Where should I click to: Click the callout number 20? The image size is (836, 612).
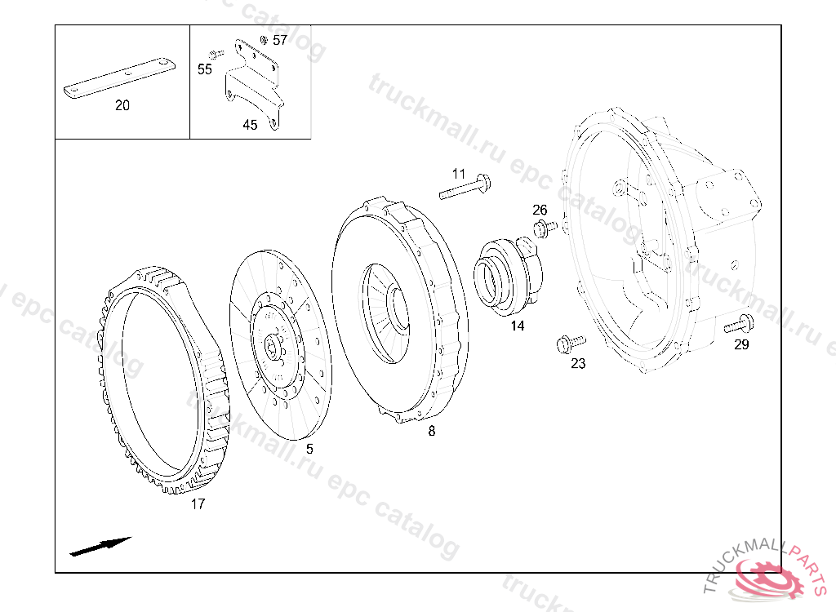[x=122, y=105]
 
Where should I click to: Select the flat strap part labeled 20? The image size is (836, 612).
[x=119, y=78]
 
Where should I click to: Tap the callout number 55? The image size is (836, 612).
[x=205, y=69]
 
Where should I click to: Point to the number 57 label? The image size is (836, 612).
[x=280, y=40]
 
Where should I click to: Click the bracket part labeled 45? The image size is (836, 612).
[x=254, y=86]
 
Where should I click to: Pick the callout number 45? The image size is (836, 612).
[x=250, y=125]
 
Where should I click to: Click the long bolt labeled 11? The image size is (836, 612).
[x=465, y=187]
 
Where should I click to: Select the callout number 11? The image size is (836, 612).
[x=459, y=174]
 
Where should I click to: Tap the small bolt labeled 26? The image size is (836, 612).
[x=545, y=228]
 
